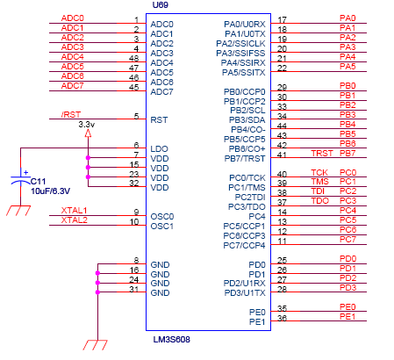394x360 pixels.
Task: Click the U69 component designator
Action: (161, 5)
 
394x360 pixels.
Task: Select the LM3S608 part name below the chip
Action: (172, 340)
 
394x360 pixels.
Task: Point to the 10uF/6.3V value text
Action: (50, 191)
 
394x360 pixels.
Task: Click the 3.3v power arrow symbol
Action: (88, 133)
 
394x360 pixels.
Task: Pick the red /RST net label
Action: (71, 114)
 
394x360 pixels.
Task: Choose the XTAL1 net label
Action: (74, 211)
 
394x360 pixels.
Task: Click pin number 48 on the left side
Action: (133, 58)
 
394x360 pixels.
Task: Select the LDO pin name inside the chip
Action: (159, 149)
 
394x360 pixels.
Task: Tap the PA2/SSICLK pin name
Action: (240, 44)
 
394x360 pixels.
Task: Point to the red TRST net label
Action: (322, 154)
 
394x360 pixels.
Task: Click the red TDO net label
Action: (320, 201)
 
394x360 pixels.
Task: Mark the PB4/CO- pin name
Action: (248, 130)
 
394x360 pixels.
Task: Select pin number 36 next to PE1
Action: (282, 318)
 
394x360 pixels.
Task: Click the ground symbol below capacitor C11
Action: (18, 211)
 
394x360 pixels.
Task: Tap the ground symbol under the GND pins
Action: (96, 345)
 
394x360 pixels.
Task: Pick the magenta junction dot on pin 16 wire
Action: (97, 273)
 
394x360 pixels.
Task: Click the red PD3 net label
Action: (347, 288)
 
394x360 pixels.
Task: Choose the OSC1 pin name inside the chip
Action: (162, 227)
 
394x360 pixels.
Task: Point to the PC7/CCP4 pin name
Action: (244, 246)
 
